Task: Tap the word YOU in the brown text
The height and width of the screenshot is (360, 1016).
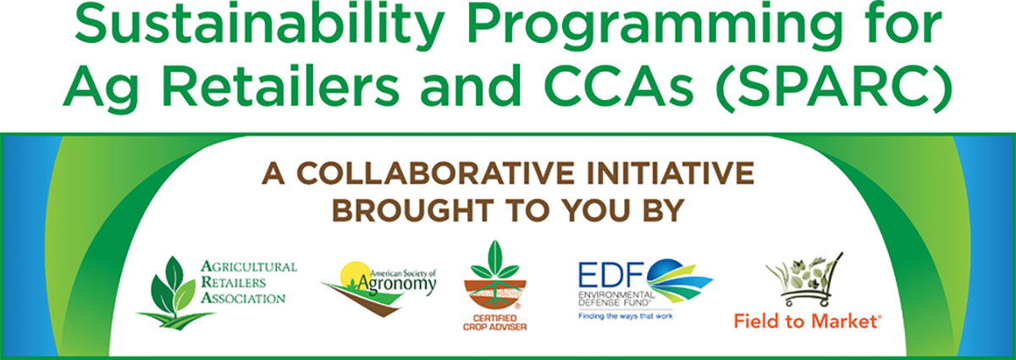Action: tap(594, 211)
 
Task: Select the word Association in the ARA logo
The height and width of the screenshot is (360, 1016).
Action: tap(243, 298)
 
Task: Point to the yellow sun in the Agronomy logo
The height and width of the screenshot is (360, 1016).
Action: tap(355, 274)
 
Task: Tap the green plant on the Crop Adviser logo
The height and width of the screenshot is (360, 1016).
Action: tap(494, 260)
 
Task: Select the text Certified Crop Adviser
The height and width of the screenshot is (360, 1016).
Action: tap(494, 323)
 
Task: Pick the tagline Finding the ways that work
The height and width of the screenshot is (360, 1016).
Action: tap(626, 316)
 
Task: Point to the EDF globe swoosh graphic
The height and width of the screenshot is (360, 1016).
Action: tap(679, 280)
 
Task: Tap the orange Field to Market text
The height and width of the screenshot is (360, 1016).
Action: tap(808, 321)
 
